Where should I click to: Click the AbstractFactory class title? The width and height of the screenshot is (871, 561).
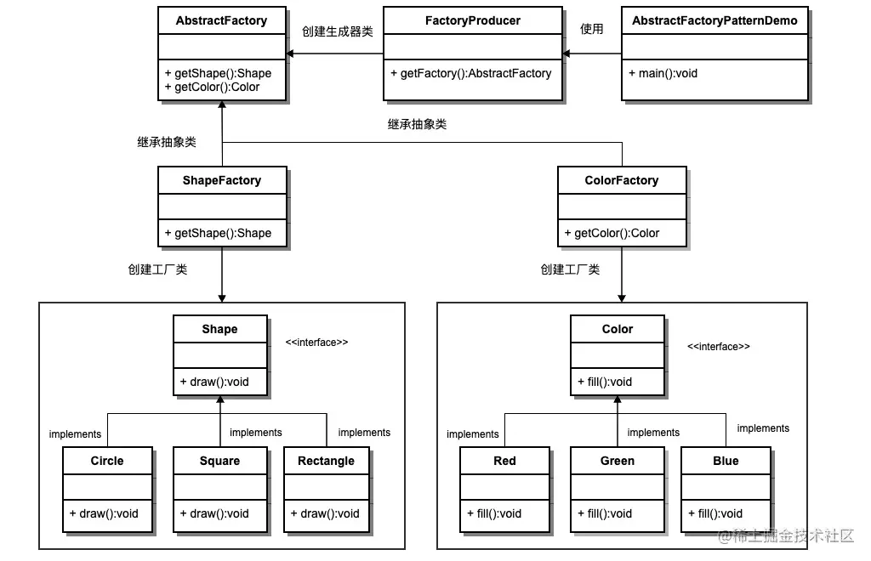(x=221, y=20)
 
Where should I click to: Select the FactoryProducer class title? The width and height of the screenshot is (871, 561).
(x=472, y=20)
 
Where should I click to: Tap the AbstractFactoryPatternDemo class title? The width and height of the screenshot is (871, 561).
(x=714, y=20)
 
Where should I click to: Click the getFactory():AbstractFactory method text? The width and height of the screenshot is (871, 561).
(x=471, y=73)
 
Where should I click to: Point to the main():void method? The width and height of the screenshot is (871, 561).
(x=663, y=73)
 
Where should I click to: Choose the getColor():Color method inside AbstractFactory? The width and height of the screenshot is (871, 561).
(x=213, y=87)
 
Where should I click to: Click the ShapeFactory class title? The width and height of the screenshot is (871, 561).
(x=221, y=180)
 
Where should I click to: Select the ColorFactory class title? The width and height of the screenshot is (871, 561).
(x=622, y=180)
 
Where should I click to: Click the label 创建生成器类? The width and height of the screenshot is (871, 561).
(x=337, y=31)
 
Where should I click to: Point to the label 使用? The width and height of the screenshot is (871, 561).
(x=591, y=29)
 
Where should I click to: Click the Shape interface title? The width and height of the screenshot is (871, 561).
(x=219, y=329)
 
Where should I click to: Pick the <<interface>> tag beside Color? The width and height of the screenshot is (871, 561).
(x=719, y=347)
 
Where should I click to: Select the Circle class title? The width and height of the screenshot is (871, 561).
(x=107, y=461)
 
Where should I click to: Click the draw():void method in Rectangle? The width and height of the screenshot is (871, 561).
(x=325, y=513)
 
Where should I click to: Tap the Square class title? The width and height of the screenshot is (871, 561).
(x=219, y=461)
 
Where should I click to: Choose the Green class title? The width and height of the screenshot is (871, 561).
(x=618, y=461)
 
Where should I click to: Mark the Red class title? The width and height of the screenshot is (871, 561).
(x=504, y=461)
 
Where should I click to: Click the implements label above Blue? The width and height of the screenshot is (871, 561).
(x=763, y=428)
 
